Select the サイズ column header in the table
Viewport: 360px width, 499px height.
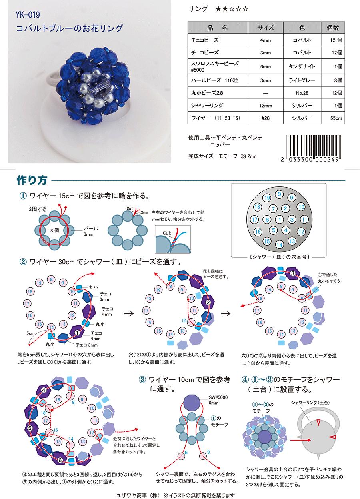click(266, 28)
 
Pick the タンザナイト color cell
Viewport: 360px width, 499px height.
click(302, 66)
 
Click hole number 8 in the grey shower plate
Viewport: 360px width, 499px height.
click(279, 194)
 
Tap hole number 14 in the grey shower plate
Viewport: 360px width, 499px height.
click(279, 245)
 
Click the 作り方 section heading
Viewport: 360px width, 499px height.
click(32, 180)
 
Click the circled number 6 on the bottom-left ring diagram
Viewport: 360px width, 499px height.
click(60, 460)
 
